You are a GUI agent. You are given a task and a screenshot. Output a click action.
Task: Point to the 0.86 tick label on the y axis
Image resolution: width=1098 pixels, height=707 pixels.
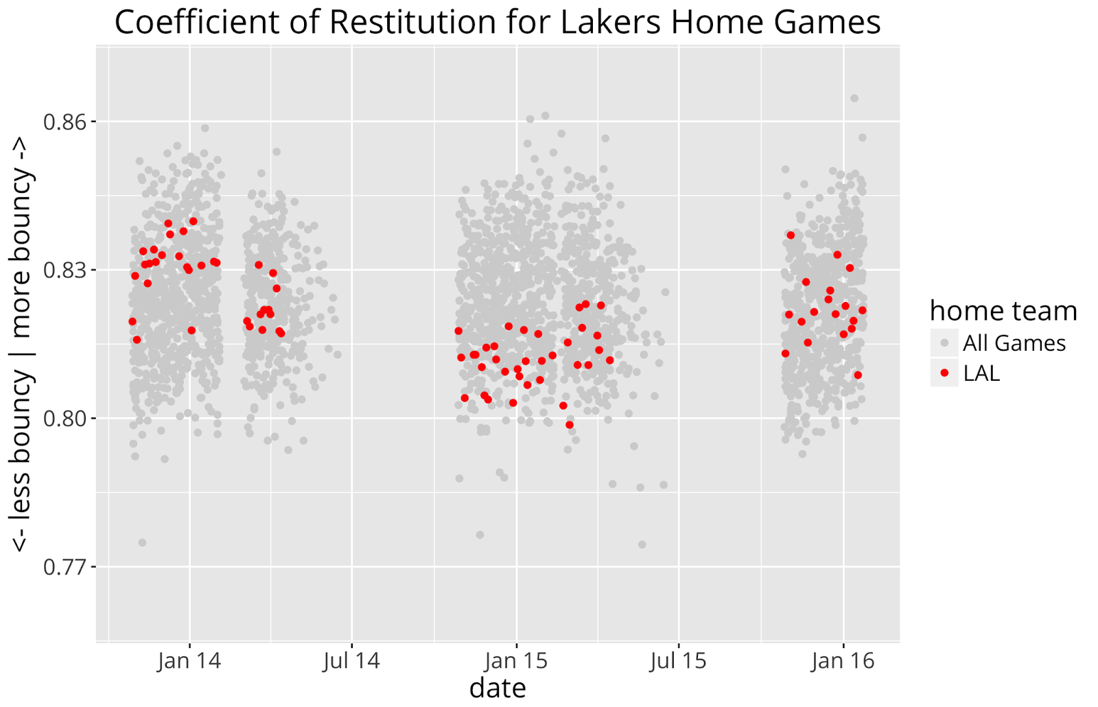[66, 122]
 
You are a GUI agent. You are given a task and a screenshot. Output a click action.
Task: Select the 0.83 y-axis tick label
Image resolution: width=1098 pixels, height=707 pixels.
[66, 270]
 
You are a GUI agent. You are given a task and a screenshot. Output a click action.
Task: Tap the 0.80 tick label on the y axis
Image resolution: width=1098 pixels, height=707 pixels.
[66, 419]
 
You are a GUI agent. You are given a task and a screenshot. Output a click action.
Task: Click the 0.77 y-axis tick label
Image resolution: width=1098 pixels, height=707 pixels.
[66, 567]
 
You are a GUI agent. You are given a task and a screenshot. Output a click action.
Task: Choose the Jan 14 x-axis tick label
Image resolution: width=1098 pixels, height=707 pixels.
[189, 661]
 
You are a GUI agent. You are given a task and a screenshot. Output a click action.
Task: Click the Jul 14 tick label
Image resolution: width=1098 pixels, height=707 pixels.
[352, 661]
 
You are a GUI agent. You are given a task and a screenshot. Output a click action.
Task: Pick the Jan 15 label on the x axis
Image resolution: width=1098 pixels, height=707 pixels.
[516, 661]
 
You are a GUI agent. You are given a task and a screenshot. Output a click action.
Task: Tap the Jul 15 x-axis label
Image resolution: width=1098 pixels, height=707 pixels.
[679, 661]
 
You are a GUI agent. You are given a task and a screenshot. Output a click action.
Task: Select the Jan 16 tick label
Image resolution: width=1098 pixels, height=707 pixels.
[843, 661]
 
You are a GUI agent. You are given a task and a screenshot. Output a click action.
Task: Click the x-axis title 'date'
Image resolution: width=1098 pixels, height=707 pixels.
[498, 688]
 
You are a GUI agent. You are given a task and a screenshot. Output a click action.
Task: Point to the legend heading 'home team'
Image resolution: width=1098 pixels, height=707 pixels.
[1003, 311]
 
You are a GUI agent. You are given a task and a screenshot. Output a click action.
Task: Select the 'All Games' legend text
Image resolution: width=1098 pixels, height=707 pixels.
[1014, 343]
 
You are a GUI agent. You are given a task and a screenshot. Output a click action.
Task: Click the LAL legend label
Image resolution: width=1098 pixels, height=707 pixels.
[981, 373]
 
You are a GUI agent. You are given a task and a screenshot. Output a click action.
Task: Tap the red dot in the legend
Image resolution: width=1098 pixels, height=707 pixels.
[944, 373]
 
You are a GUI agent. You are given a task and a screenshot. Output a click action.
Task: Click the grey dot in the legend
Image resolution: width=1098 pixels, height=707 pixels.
[944, 343]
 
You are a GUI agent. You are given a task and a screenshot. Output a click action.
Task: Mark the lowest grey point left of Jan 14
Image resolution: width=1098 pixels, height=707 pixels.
[142, 542]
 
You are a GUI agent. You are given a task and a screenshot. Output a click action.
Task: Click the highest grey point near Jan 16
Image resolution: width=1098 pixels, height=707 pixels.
[854, 98]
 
